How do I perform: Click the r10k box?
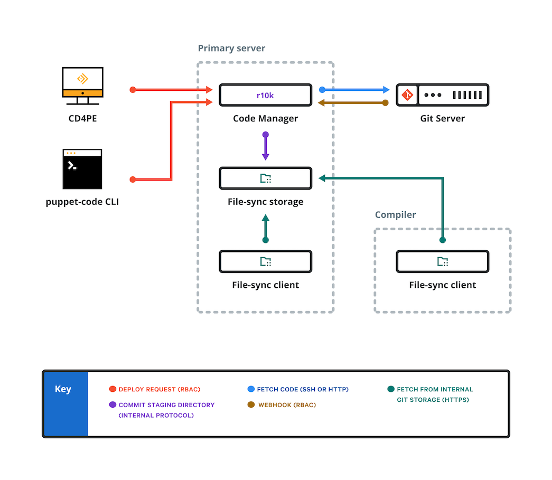pos(265,96)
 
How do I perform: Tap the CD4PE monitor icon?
pos(82,85)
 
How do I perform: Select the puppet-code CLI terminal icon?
pos(82,169)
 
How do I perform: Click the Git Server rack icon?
pos(443,96)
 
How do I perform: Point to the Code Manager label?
pos(265,118)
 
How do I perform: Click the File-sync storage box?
pos(265,178)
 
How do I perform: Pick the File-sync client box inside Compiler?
pos(443,261)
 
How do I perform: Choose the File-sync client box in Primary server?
pos(265,261)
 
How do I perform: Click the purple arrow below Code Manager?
pos(266,146)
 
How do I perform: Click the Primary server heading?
pos(231,49)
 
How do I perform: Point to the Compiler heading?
pos(395,215)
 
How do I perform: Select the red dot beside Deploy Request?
pos(113,389)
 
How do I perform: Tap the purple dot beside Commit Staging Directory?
pos(113,405)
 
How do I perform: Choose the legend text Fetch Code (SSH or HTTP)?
pos(303,389)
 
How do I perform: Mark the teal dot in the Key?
pos(391,389)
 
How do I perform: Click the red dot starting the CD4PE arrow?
pos(133,90)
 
